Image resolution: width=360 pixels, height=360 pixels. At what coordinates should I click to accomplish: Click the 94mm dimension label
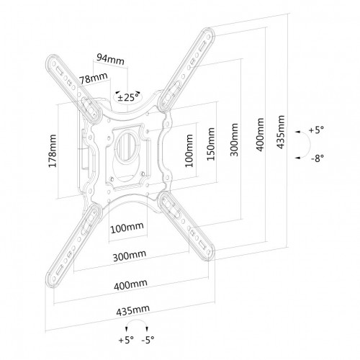(x=110, y=59)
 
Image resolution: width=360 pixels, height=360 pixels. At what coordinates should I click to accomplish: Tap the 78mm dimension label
(x=94, y=78)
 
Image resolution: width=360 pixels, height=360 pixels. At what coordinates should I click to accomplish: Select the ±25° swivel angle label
(x=128, y=97)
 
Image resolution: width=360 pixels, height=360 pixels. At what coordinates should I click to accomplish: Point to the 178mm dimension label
(x=53, y=151)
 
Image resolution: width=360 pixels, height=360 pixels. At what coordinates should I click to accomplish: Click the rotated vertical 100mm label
(x=189, y=150)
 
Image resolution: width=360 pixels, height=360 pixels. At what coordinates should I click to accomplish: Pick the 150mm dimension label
(x=211, y=144)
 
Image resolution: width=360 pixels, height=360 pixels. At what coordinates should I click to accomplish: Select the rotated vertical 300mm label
(x=234, y=140)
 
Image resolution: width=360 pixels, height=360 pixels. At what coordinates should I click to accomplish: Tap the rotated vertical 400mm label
(x=260, y=135)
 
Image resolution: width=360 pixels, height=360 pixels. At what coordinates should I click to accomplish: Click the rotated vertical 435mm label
(x=280, y=132)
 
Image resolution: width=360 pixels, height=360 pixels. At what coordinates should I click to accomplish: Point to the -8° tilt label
(x=318, y=158)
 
